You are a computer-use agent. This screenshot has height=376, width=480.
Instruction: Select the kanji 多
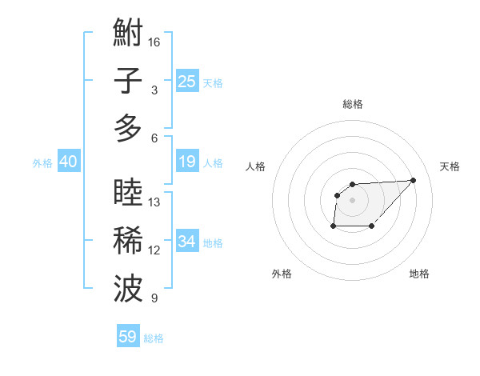coord(129,128)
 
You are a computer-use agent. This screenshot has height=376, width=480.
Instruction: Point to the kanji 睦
coord(129,193)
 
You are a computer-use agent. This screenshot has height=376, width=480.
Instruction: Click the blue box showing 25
coord(186,82)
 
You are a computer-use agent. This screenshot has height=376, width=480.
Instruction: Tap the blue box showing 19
coord(186,162)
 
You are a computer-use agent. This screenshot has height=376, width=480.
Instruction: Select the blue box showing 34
coord(186,242)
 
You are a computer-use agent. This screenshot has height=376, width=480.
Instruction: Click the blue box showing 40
coord(68,162)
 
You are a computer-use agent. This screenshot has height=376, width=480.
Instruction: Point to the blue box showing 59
coord(128,337)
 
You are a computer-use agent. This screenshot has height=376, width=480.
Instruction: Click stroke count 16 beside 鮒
coord(154,42)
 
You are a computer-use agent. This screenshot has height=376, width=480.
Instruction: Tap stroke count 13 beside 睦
coord(154,202)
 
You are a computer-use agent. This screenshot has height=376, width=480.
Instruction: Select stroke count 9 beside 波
coord(154,298)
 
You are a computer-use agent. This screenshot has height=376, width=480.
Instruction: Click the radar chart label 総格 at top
coord(353,104)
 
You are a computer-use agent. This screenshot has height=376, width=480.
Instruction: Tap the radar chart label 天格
coord(450,166)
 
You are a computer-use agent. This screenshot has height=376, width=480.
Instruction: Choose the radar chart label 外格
coord(282,274)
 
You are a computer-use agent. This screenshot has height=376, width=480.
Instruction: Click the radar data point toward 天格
coord(413,180)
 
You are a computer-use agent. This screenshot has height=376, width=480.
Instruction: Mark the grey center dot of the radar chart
coord(353,199)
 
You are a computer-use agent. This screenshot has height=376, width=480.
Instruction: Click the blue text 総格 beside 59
coord(154,338)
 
